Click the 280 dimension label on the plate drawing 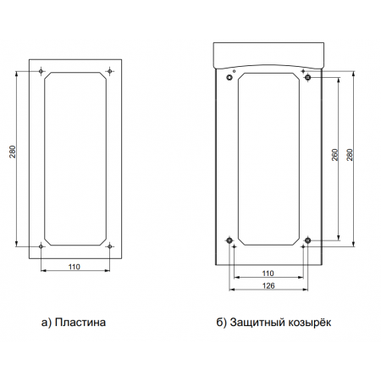[x=13, y=152]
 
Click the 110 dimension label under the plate [x=75, y=267]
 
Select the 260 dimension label [x=334, y=155]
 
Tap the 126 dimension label [x=268, y=285]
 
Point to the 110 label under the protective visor [x=268, y=273]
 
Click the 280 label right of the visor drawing [x=350, y=155]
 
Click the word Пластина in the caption [x=80, y=322]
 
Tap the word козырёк [x=309, y=322]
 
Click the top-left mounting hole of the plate [x=41, y=71]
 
